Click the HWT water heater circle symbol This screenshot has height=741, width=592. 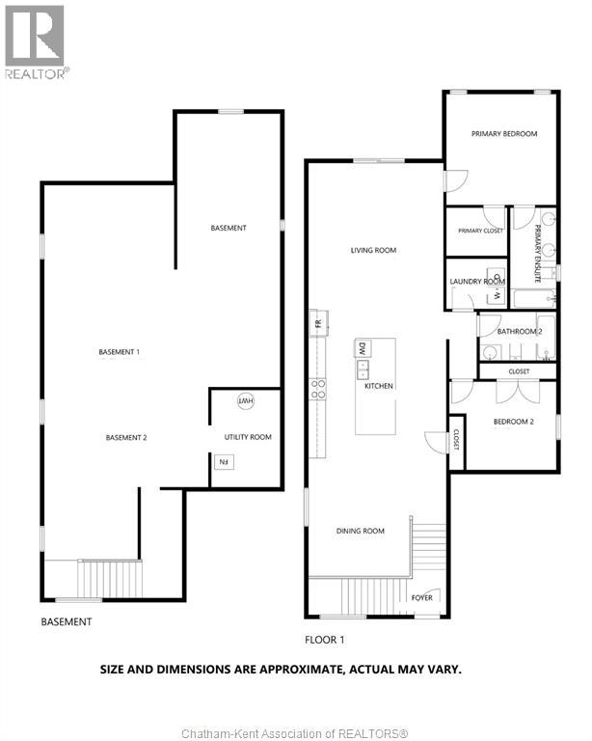click(x=246, y=401)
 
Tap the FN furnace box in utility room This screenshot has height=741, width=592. click(x=225, y=462)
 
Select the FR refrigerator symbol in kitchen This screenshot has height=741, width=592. click(x=319, y=323)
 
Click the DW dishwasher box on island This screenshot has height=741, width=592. click(x=363, y=348)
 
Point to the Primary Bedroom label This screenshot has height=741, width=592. click(x=504, y=134)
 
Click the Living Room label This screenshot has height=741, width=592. click(x=373, y=250)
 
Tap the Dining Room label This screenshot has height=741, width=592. click(x=361, y=531)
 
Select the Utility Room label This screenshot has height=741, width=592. click(x=248, y=437)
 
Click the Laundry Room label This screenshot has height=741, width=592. click(x=477, y=281)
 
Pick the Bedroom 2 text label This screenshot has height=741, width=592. click(x=514, y=422)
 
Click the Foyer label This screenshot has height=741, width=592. click(x=422, y=598)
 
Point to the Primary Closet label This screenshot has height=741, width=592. click(x=480, y=231)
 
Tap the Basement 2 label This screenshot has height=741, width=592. click(x=126, y=438)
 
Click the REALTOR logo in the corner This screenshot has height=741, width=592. click(x=36, y=42)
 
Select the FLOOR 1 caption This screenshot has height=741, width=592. click(x=325, y=640)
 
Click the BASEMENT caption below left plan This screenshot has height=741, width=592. click(x=67, y=622)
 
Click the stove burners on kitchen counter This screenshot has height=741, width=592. click(x=318, y=389)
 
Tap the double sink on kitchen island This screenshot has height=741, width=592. click(x=363, y=370)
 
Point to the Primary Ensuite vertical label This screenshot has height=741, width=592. click(x=537, y=254)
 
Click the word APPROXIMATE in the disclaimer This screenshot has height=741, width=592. click(x=301, y=670)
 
